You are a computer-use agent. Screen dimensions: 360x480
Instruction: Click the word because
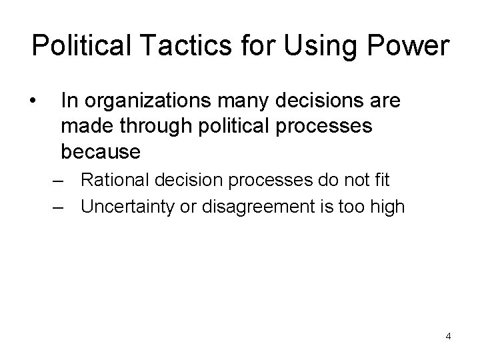[101, 152]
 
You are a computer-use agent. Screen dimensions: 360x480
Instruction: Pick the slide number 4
[448, 336]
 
